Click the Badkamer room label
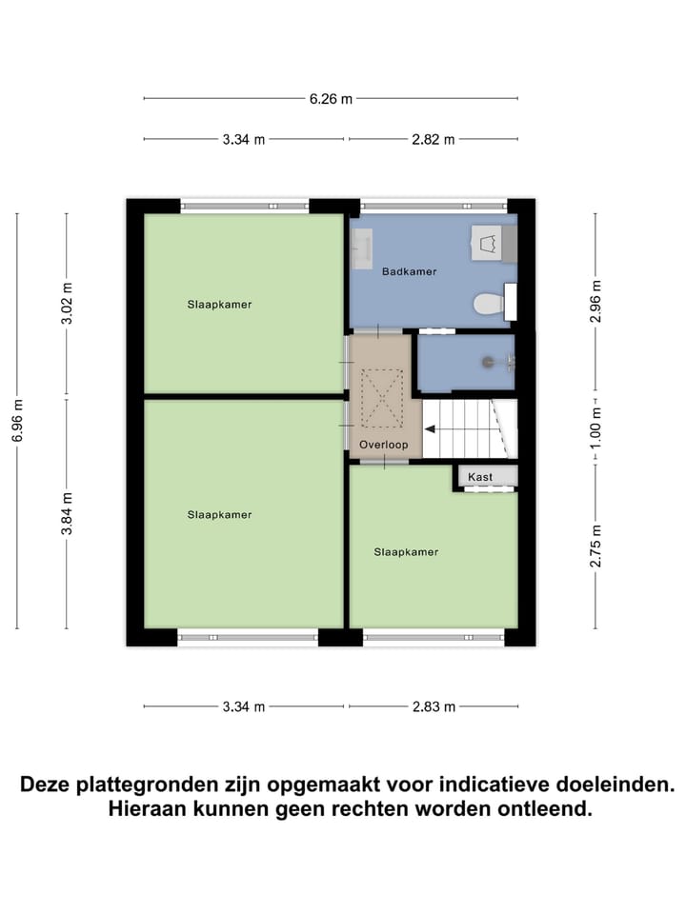409,272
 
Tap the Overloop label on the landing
383,445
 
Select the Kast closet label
478,475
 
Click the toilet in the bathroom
489,304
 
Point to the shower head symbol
492,362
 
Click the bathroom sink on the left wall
361,249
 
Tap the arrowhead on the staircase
430,428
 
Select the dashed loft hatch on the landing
382,400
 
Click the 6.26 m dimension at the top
331,98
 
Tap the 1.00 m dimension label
596,428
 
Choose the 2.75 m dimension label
596,546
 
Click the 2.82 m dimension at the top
434,140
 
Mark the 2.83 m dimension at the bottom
434,706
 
